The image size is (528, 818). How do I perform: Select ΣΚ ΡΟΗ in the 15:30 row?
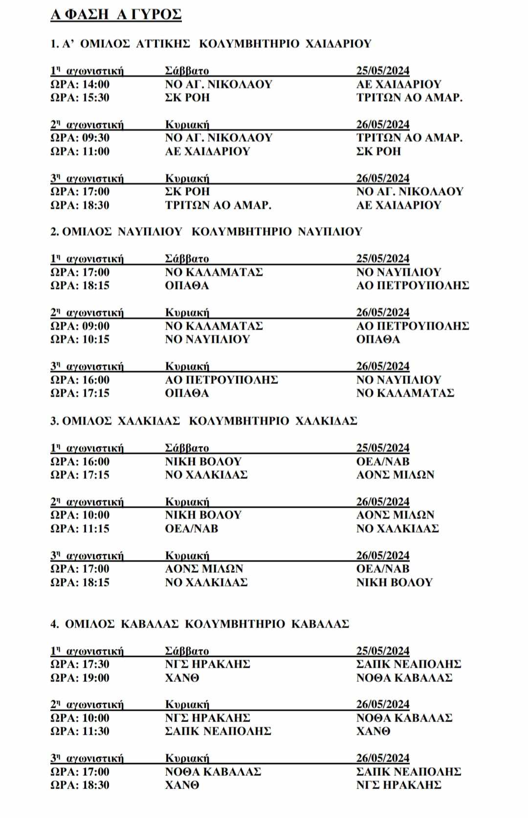[x=187, y=97]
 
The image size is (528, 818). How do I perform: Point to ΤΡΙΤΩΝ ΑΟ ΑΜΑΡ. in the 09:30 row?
[x=409, y=137]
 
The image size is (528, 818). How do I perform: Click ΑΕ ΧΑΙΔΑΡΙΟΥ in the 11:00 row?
[x=207, y=151]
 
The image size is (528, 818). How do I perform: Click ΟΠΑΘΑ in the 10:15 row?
[x=378, y=339]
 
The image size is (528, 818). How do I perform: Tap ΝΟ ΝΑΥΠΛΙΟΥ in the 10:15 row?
[x=207, y=339]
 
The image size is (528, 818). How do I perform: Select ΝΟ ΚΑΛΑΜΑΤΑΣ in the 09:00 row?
[x=214, y=326]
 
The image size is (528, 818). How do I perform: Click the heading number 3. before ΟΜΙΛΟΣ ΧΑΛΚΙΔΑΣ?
[x=54, y=421]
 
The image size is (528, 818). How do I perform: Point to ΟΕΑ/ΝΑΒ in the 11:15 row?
[x=192, y=528]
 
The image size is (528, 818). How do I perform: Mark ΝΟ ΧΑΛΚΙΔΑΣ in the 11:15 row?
[x=397, y=528]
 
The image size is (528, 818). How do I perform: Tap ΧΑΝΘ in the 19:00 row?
[x=182, y=678]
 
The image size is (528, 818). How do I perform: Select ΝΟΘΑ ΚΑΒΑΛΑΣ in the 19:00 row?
[x=404, y=678]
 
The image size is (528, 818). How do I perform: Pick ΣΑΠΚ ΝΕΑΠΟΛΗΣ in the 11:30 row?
[x=218, y=731]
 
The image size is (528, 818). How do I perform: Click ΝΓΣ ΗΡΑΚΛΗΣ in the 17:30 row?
[x=207, y=664]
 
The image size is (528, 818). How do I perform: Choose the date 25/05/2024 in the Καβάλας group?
[x=382, y=651]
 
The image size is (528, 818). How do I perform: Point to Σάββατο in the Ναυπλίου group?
[x=187, y=259]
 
